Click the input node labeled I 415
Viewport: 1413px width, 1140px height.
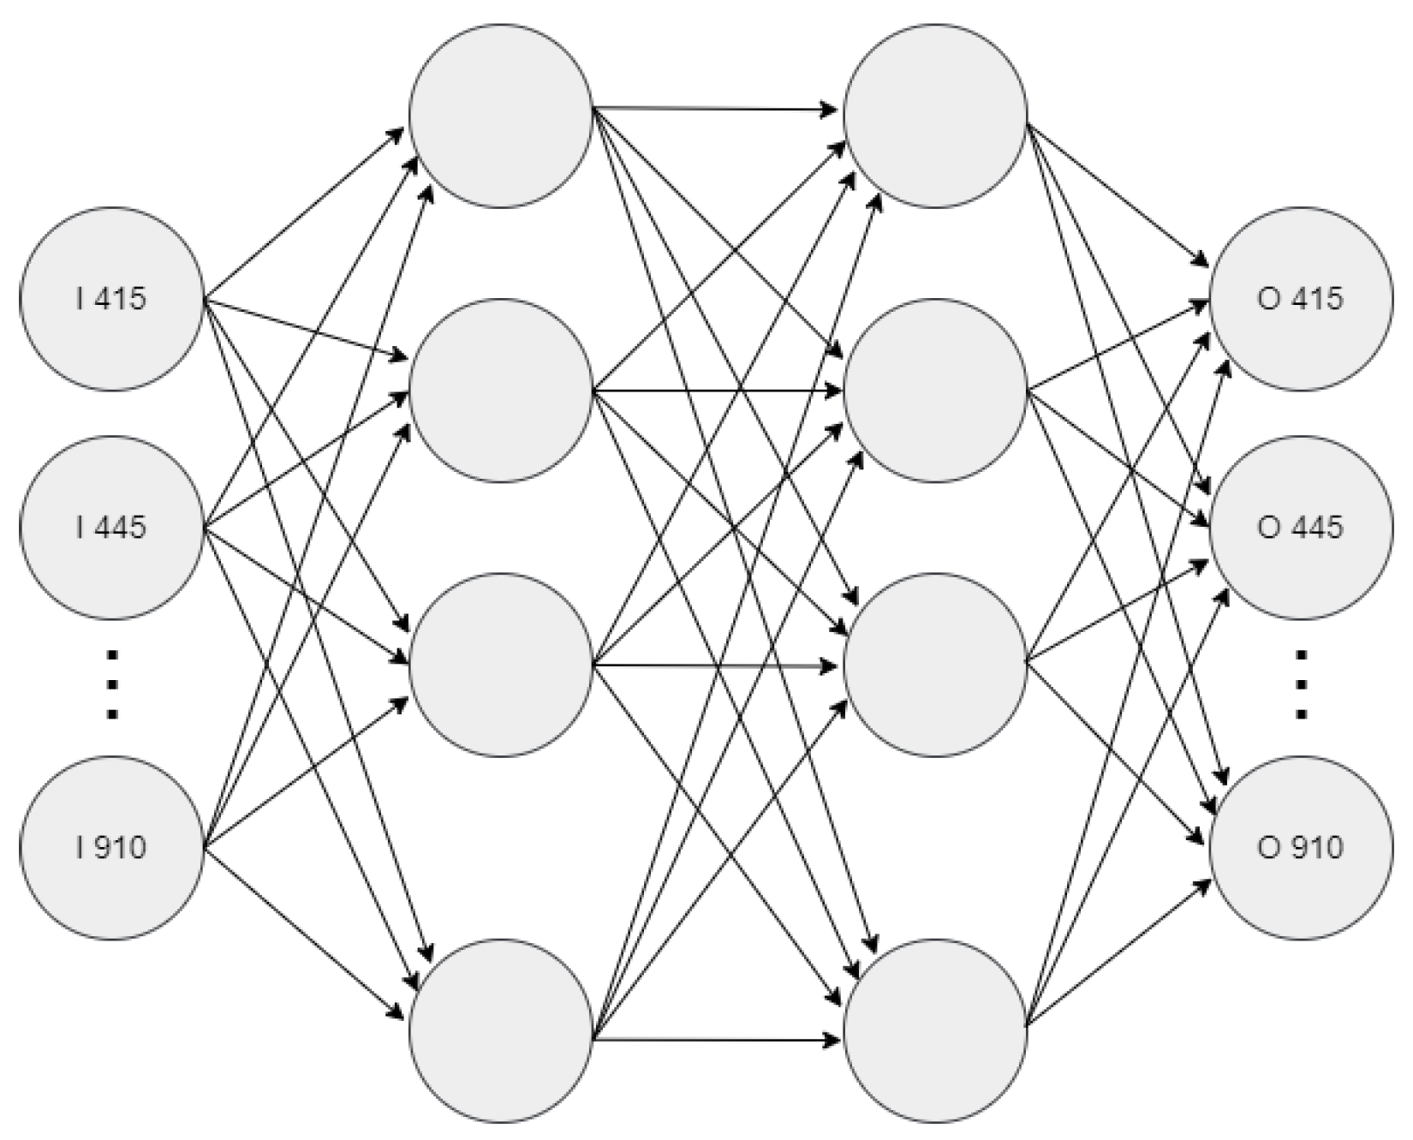[111, 299]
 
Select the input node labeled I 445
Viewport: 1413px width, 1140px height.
[111, 527]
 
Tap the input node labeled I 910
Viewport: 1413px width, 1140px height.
[111, 848]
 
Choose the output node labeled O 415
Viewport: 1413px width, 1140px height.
[1300, 299]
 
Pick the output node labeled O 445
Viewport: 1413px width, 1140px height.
[1300, 527]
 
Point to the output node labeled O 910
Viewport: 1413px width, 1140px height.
[1300, 848]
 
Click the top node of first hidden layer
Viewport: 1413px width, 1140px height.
[501, 116]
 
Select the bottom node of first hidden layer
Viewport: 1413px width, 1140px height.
[501, 1030]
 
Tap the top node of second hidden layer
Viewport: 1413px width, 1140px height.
[935, 116]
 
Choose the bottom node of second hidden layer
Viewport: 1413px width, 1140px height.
[935, 1030]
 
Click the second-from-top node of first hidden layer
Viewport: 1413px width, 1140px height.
[501, 390]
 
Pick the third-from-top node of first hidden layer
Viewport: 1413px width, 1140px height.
[501, 665]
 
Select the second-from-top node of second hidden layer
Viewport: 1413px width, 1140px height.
[935, 390]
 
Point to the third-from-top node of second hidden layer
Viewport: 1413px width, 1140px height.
[935, 665]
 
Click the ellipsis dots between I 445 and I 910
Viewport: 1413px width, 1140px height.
[111, 685]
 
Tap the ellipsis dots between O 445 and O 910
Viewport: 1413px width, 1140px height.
[1300, 685]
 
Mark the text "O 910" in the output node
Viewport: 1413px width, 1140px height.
[1300, 848]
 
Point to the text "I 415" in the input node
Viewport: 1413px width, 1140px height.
[111, 299]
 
